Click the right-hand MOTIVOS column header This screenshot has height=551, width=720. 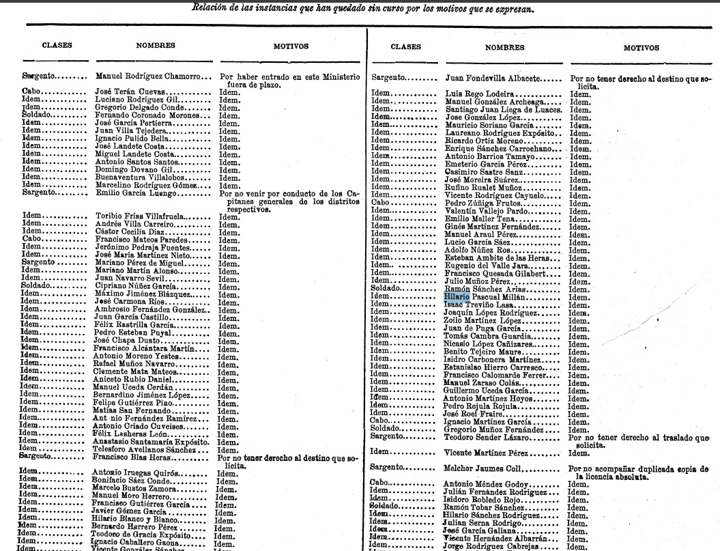point(642,48)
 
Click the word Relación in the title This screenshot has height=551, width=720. point(211,10)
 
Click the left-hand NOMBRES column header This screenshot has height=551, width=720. point(147,46)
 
